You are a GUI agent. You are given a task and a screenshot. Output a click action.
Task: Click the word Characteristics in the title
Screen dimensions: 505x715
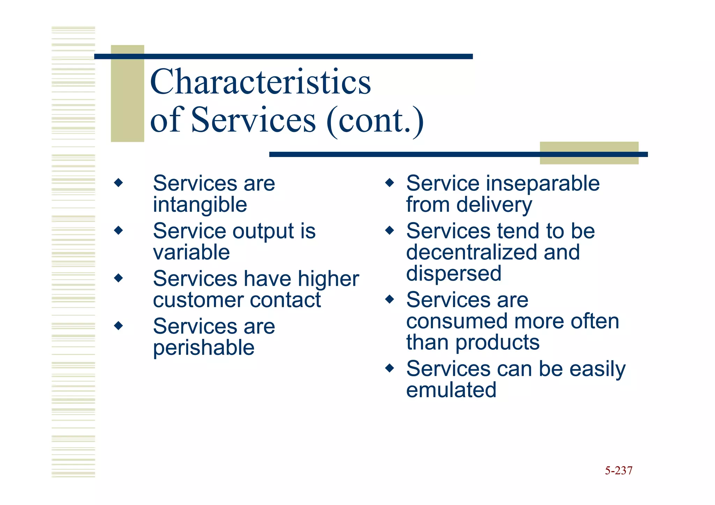click(260, 82)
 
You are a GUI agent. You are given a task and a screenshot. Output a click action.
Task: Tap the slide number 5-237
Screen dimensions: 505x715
click(618, 470)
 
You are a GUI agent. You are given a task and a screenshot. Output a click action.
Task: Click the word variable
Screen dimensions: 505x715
click(191, 252)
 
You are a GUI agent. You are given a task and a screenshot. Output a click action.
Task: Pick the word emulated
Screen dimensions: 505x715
click(451, 390)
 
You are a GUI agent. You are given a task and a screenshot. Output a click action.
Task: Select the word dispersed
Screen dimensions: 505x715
click(454, 273)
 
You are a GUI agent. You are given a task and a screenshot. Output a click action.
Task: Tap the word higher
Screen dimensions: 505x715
click(328, 279)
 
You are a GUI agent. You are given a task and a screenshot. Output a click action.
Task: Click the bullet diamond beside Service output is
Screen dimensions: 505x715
click(119, 230)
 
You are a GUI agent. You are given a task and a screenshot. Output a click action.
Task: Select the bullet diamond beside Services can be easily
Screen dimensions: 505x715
click(390, 368)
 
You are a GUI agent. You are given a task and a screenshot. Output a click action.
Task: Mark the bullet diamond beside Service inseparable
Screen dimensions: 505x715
click(390, 183)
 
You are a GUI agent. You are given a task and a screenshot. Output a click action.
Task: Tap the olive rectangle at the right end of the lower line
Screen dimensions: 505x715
click(589, 153)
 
